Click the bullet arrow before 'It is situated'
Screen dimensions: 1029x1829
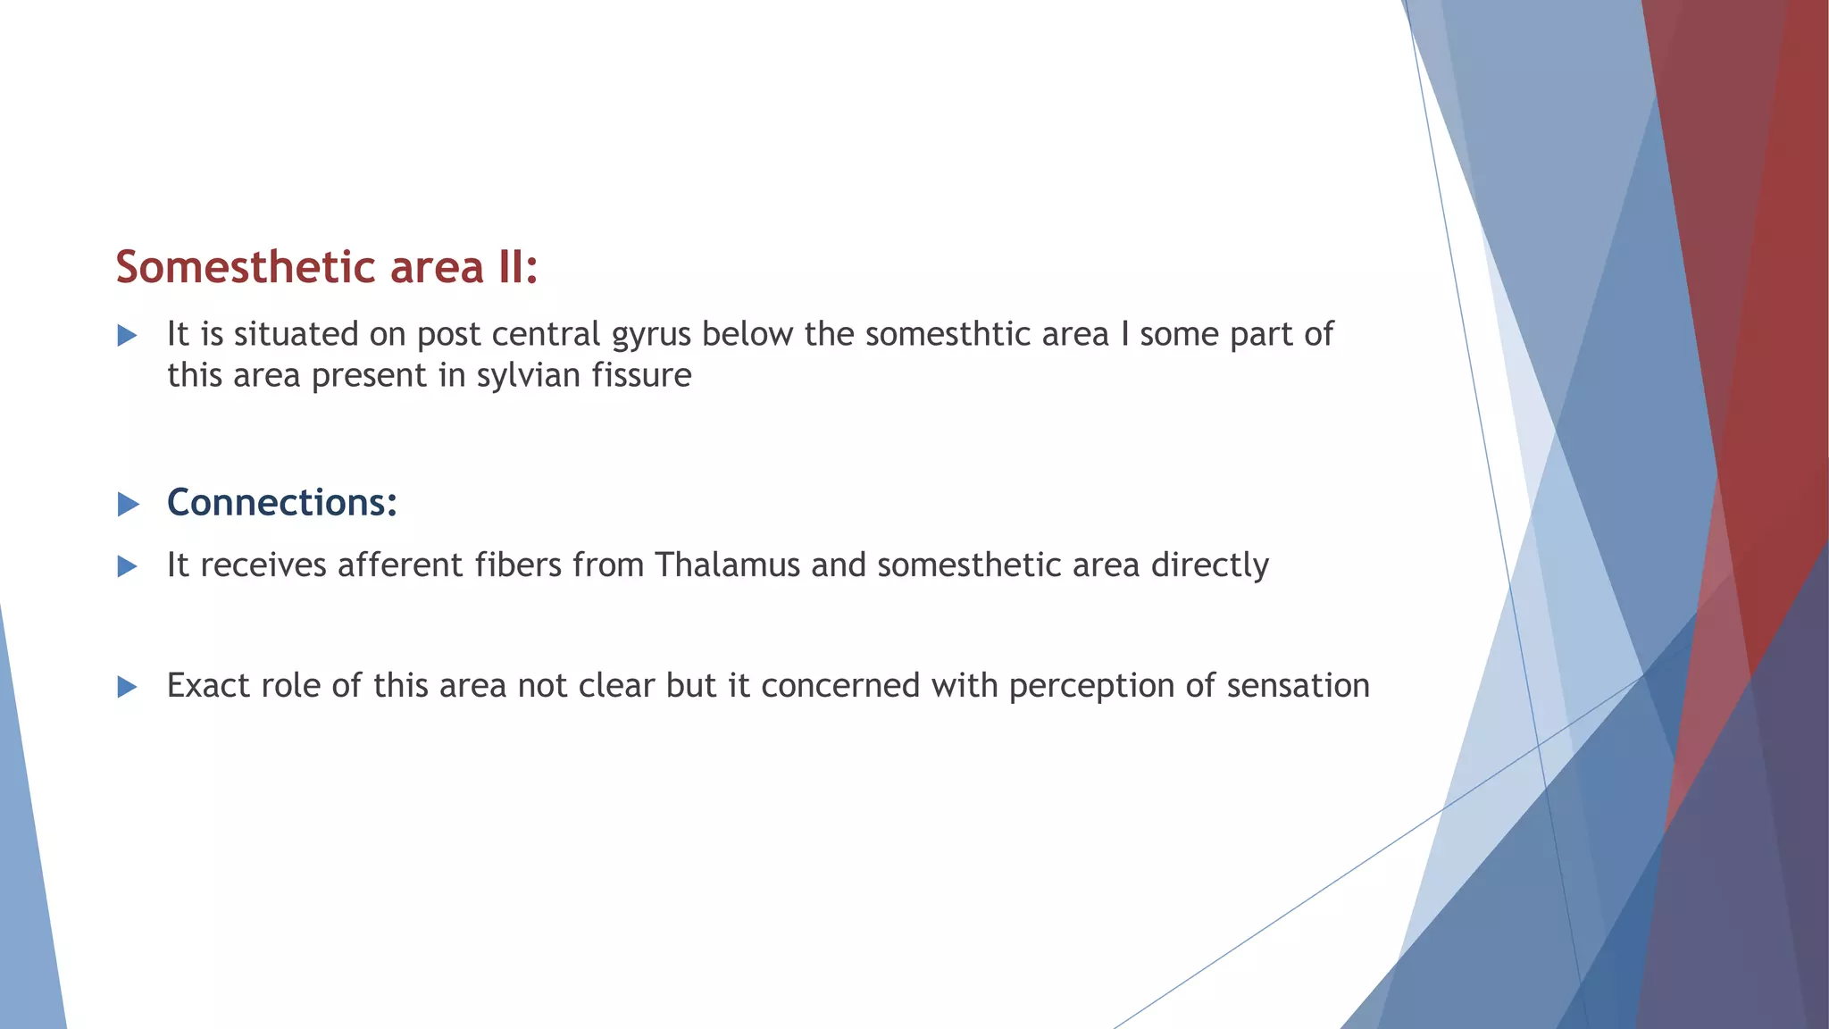coord(128,336)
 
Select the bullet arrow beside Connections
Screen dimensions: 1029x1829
coord(129,505)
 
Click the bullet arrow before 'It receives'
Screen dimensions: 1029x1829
coord(128,566)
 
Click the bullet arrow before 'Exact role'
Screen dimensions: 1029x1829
coord(128,687)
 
